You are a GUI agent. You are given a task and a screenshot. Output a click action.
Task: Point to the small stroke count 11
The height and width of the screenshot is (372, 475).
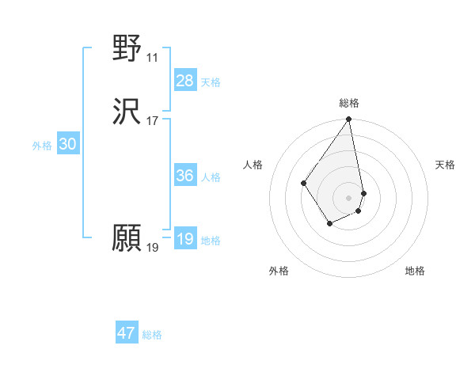click(x=152, y=58)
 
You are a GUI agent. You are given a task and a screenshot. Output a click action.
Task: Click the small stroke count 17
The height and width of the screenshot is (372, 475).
click(x=152, y=121)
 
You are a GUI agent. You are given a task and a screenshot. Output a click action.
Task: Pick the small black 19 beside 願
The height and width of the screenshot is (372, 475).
click(x=152, y=248)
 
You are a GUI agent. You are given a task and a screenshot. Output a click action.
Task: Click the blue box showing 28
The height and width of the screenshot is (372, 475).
click(x=184, y=80)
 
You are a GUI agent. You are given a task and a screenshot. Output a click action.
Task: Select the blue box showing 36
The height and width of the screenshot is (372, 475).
click(x=184, y=176)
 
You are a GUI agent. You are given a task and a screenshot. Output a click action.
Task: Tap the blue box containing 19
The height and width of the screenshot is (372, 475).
click(x=184, y=239)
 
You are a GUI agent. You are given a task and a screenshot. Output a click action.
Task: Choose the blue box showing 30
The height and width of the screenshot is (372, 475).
click(x=67, y=144)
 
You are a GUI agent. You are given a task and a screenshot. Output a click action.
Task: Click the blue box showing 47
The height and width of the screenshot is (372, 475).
click(x=127, y=333)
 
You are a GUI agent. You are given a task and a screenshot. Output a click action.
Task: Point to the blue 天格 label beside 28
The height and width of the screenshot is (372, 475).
click(x=211, y=82)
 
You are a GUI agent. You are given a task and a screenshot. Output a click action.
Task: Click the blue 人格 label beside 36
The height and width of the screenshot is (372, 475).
click(x=211, y=177)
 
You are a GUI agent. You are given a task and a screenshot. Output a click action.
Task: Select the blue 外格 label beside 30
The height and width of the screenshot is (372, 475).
click(x=42, y=146)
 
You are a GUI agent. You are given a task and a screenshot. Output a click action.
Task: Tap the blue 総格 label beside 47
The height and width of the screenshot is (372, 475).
click(x=152, y=335)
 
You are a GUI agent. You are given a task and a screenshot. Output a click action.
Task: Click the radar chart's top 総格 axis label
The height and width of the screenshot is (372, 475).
click(x=349, y=103)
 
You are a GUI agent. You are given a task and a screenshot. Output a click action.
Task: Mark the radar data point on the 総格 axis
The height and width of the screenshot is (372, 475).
click(x=349, y=120)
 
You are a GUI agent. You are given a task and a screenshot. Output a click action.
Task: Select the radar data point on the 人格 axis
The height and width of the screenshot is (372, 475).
click(x=304, y=184)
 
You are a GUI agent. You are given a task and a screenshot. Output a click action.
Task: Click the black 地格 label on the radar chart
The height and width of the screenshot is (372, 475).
click(x=415, y=271)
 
